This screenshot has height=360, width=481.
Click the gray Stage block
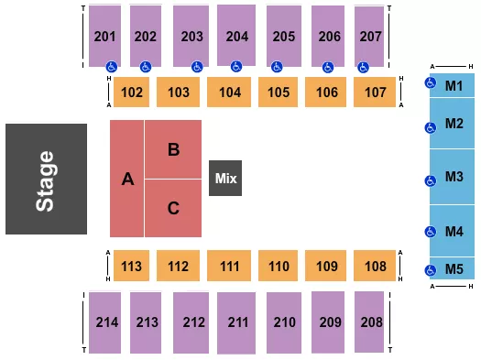tap(47, 179)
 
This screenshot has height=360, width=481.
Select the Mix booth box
tap(225, 178)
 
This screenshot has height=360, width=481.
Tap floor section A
tap(128, 180)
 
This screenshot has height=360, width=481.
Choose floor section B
tap(173, 149)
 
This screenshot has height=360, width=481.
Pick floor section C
tap(173, 208)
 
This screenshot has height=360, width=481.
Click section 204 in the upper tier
tap(236, 35)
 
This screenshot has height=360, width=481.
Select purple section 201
tap(105, 35)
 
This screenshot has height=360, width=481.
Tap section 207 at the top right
tap(368, 35)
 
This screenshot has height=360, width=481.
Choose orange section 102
tap(132, 92)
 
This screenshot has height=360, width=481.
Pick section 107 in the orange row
tap(374, 92)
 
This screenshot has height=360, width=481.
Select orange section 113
tap(132, 267)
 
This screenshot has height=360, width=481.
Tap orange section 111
tap(229, 267)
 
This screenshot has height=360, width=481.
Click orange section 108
tap(374, 267)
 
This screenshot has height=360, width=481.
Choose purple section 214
tap(105, 322)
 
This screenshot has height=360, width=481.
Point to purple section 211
tap(236, 322)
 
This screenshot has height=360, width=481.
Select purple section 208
tap(368, 322)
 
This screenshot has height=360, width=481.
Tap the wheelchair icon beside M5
tap(431, 269)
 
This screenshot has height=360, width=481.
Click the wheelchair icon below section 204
tap(236, 66)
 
